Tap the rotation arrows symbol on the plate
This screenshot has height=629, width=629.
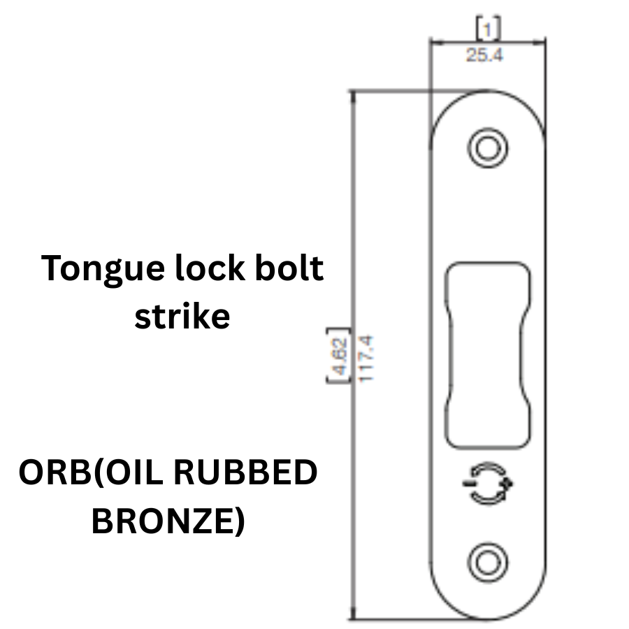(x=486, y=483)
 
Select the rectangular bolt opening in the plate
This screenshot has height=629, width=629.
(x=487, y=354)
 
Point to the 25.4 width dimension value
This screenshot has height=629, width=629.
(x=485, y=55)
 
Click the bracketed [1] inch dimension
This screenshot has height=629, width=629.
(x=487, y=28)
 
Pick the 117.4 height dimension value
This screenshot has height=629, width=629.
(x=368, y=357)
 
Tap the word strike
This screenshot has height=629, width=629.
(x=182, y=317)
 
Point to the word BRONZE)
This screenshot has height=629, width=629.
(x=168, y=521)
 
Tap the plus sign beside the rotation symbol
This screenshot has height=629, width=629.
(x=508, y=484)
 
